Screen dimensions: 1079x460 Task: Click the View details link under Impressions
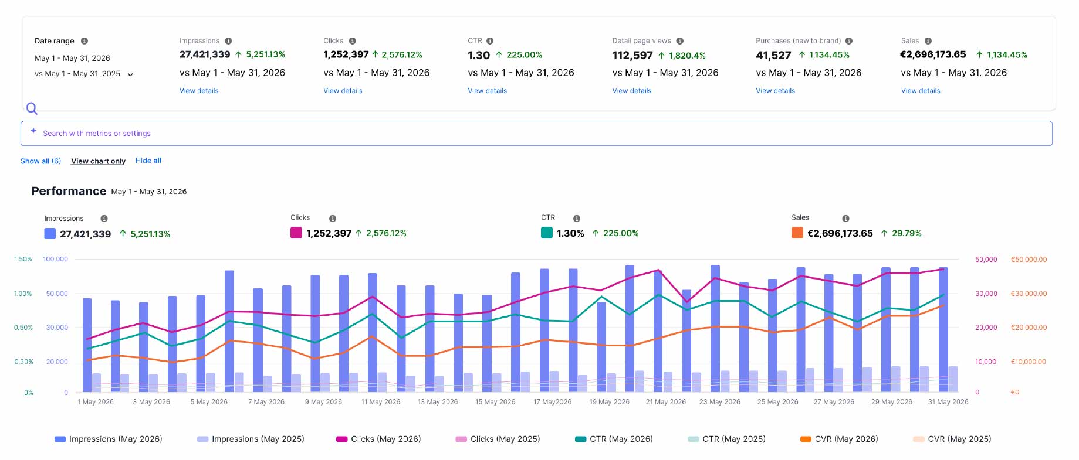199,91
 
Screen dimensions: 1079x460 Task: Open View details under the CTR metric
487,91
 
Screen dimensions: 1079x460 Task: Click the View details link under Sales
921,91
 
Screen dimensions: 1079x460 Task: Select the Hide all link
148,161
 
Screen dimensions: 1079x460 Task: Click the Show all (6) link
40,161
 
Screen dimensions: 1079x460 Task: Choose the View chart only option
98,161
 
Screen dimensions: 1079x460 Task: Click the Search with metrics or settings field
536,134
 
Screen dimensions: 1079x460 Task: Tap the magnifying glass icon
32,108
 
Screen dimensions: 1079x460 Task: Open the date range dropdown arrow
130,74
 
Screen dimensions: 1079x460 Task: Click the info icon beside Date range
84,41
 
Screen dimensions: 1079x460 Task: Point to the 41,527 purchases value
773,55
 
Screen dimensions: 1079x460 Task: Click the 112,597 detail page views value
632,56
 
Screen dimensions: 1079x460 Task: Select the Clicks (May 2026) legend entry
378,439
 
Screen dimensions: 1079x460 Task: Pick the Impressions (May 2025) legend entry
251,439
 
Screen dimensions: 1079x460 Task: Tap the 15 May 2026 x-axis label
495,402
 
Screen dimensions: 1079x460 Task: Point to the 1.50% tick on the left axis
23,259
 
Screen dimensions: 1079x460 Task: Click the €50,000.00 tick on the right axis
1029,260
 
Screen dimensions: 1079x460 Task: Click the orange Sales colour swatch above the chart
797,233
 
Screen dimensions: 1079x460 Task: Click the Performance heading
69,192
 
